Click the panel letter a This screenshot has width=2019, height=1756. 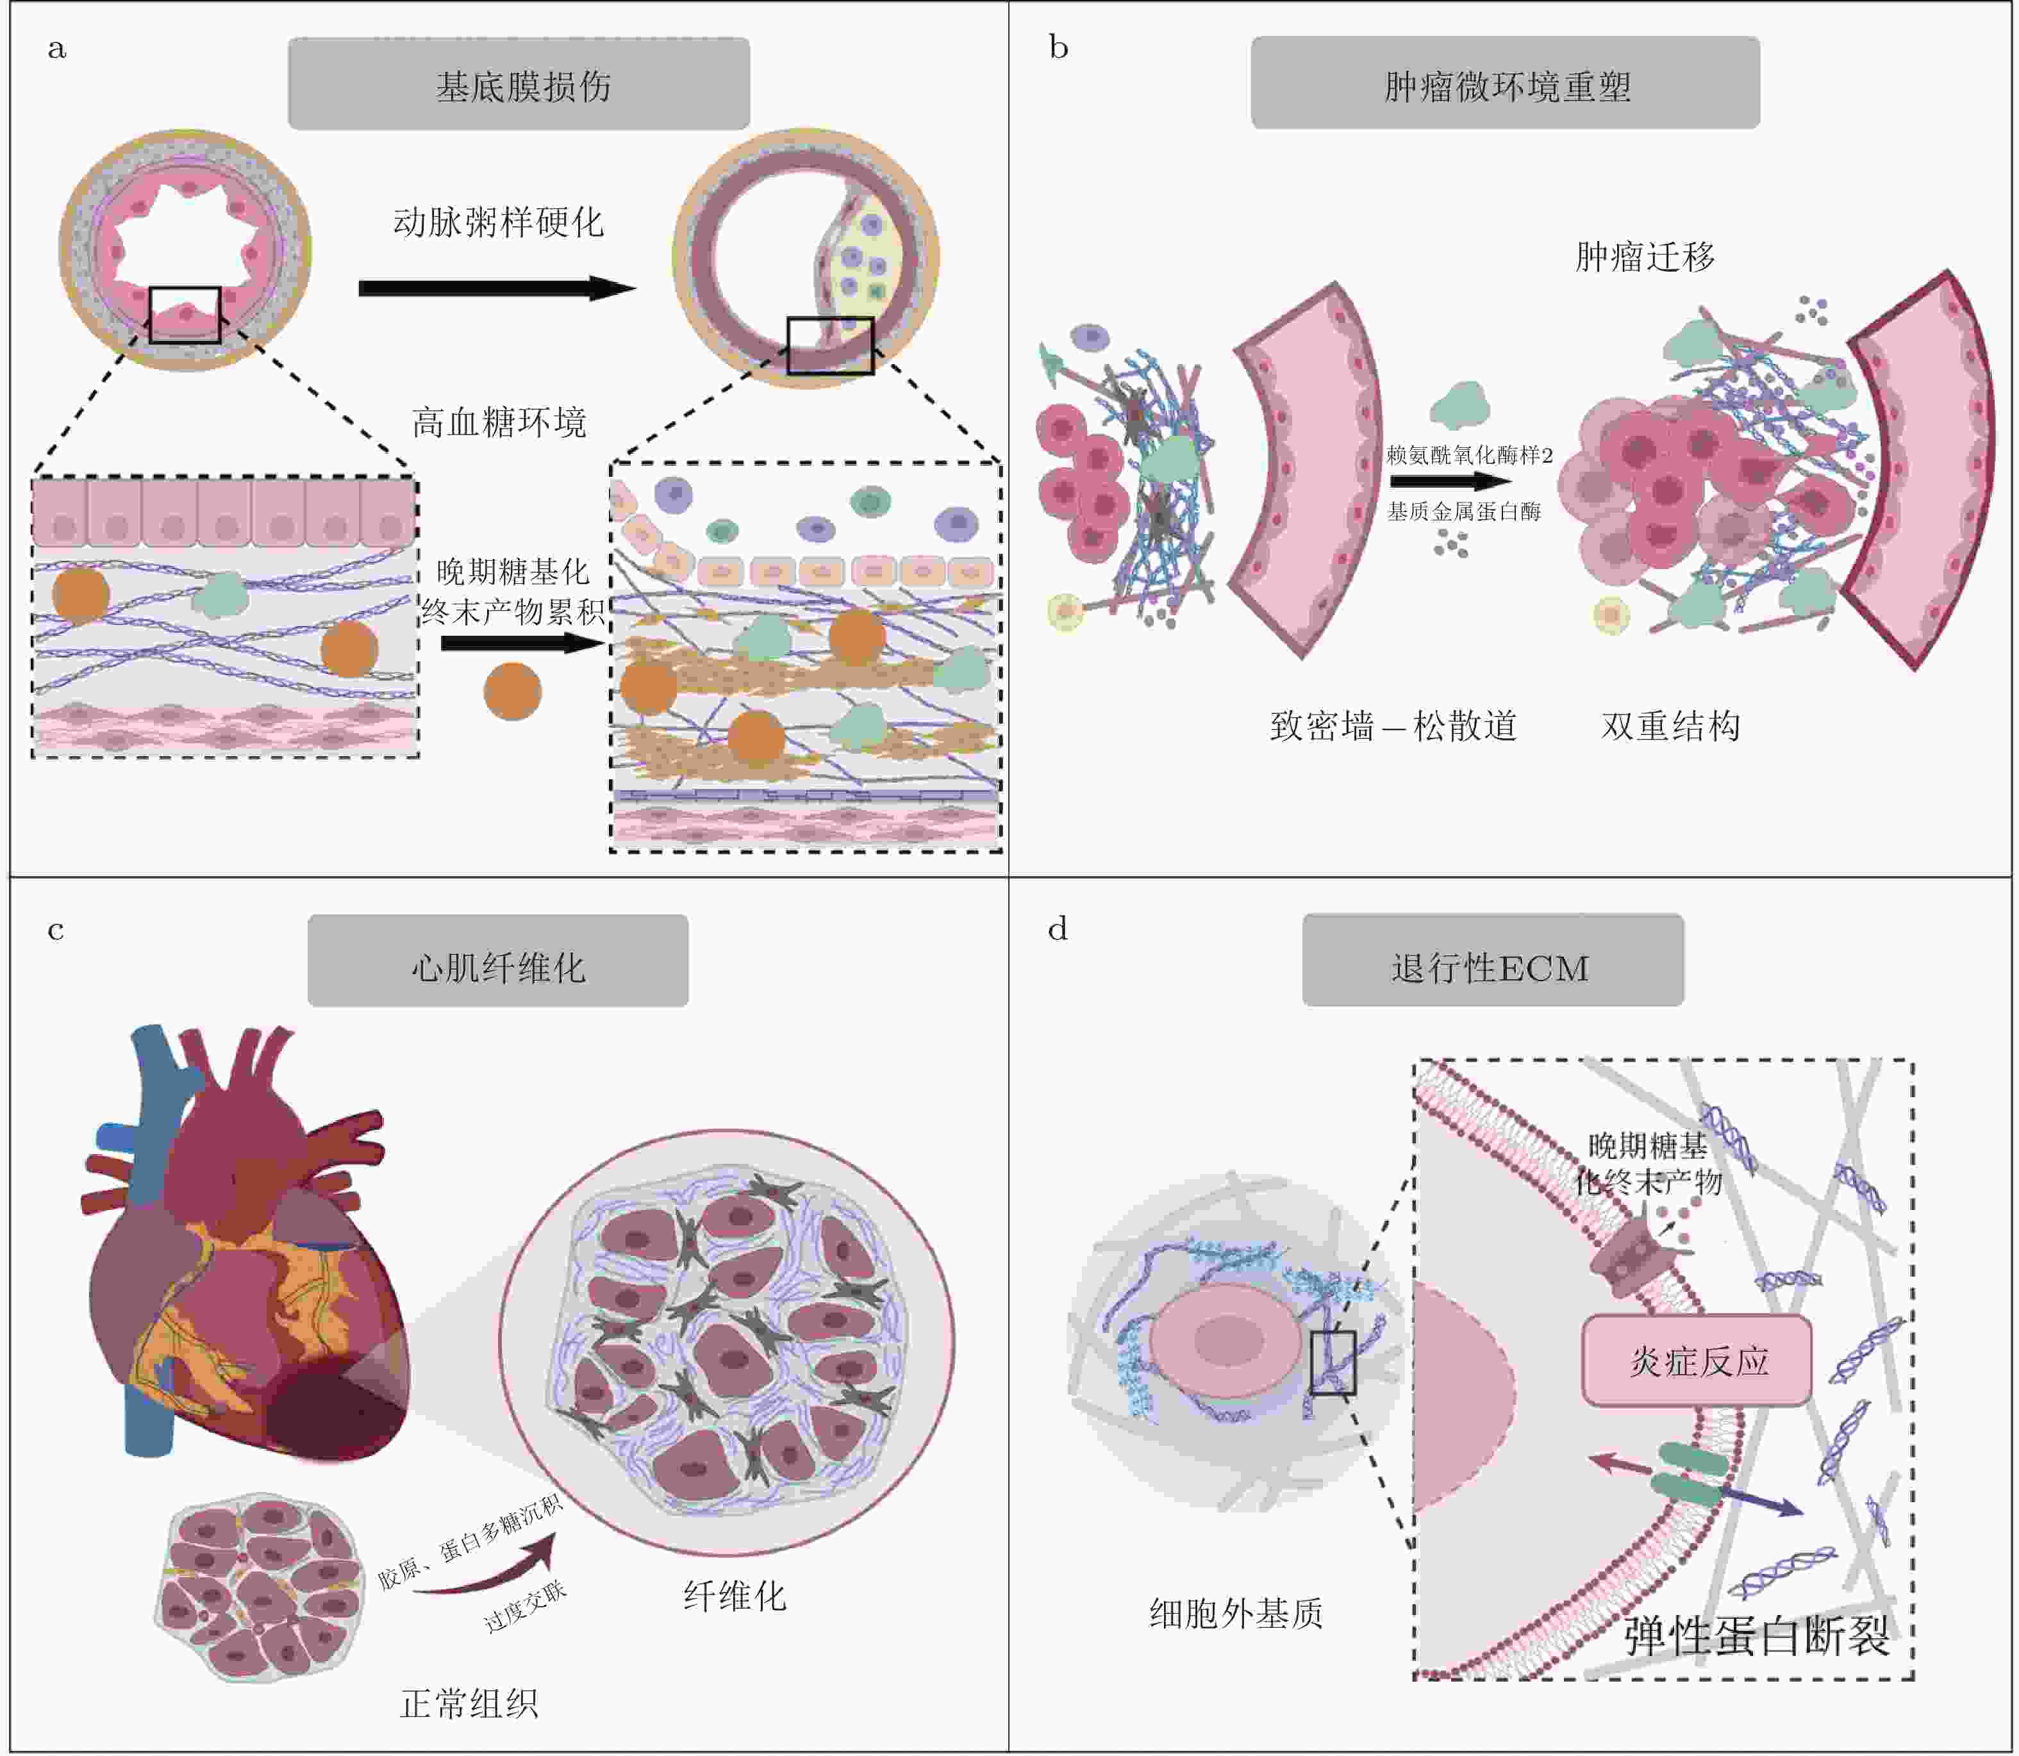pyautogui.click(x=57, y=48)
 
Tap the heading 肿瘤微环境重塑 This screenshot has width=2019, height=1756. pyautogui.click(x=1506, y=85)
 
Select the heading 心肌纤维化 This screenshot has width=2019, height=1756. pyautogui.click(x=498, y=967)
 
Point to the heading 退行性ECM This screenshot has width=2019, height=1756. pyautogui.click(x=1491, y=967)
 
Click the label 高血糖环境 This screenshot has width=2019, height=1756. pyautogui.click(x=499, y=422)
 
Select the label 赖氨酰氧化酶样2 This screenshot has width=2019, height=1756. pyautogui.click(x=1469, y=454)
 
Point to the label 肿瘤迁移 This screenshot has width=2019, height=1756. pyautogui.click(x=1645, y=257)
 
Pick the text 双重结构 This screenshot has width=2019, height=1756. pyautogui.click(x=1670, y=726)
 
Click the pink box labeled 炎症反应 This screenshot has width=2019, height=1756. pyautogui.click(x=1697, y=1360)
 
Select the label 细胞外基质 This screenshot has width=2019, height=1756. pyautogui.click(x=1236, y=1612)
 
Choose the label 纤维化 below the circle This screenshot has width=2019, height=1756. pyautogui.click(x=734, y=1595)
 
